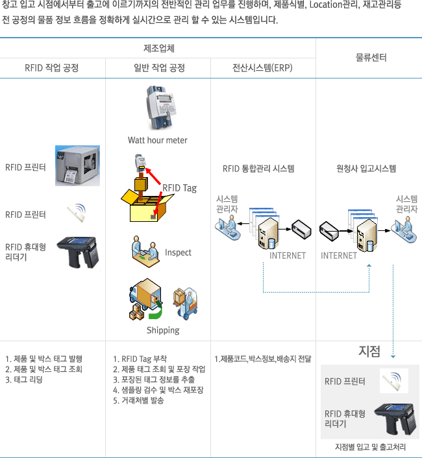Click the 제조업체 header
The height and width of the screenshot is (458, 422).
coord(158,49)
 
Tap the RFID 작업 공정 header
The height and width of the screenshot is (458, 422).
coord(52,67)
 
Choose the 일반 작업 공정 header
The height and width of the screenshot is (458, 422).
coord(158,67)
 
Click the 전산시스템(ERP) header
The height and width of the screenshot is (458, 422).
coord(262,67)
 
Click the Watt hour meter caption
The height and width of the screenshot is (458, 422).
coord(158,140)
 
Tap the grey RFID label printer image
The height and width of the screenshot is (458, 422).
coord(77,166)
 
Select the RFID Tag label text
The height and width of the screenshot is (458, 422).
coord(179,188)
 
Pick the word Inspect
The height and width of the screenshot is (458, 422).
coord(178,252)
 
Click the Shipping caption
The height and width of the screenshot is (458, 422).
coord(162,330)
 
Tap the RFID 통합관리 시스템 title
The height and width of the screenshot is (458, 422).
coord(258,169)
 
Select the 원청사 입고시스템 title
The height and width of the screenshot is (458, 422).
coord(366,169)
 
